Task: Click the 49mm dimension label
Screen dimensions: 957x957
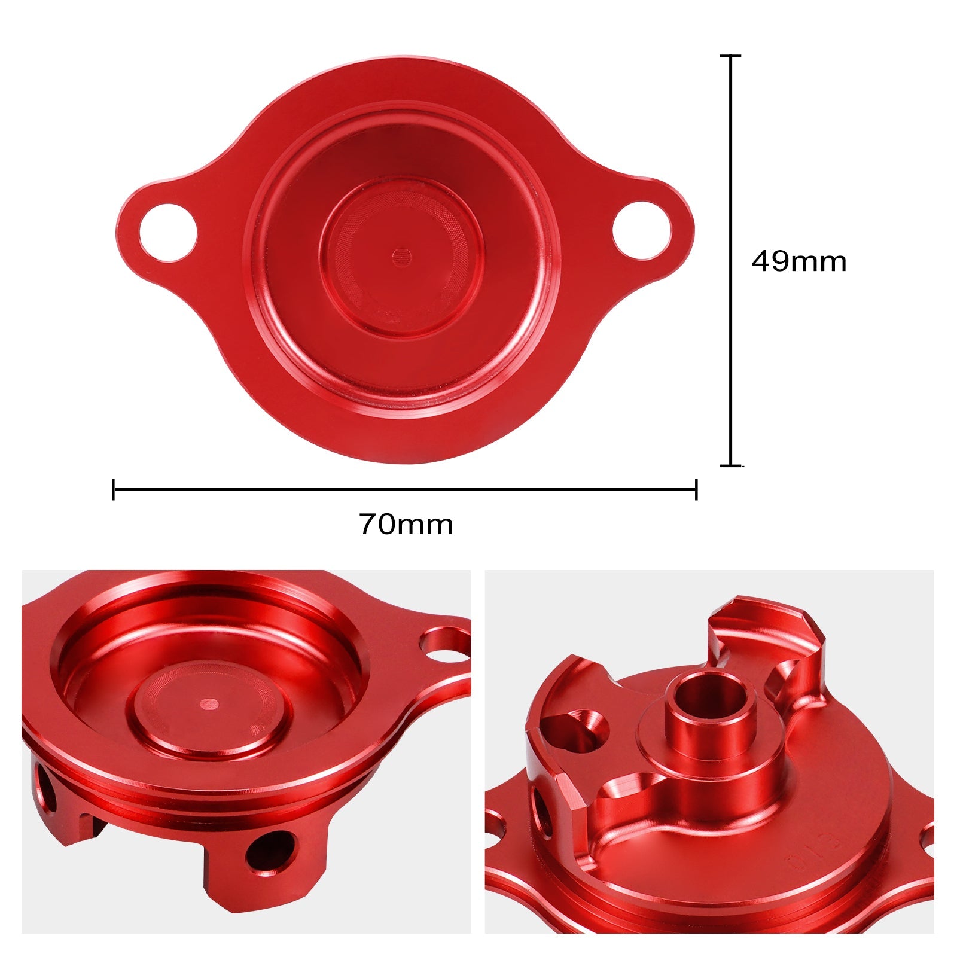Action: pyautogui.click(x=798, y=262)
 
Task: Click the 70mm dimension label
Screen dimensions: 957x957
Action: pyautogui.click(x=406, y=525)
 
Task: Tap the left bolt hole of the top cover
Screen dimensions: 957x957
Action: pyautogui.click(x=168, y=233)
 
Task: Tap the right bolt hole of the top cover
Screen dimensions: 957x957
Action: pyautogui.click(x=642, y=231)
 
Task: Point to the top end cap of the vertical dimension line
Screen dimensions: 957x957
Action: pyautogui.click(x=730, y=56)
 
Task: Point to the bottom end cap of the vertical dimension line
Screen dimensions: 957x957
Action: pyautogui.click(x=730, y=465)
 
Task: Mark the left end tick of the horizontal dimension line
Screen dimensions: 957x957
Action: pyautogui.click(x=114, y=489)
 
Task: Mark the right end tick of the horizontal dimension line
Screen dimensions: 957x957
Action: pyautogui.click(x=696, y=489)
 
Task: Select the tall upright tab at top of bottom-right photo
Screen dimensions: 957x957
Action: pyautogui.click(x=766, y=640)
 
